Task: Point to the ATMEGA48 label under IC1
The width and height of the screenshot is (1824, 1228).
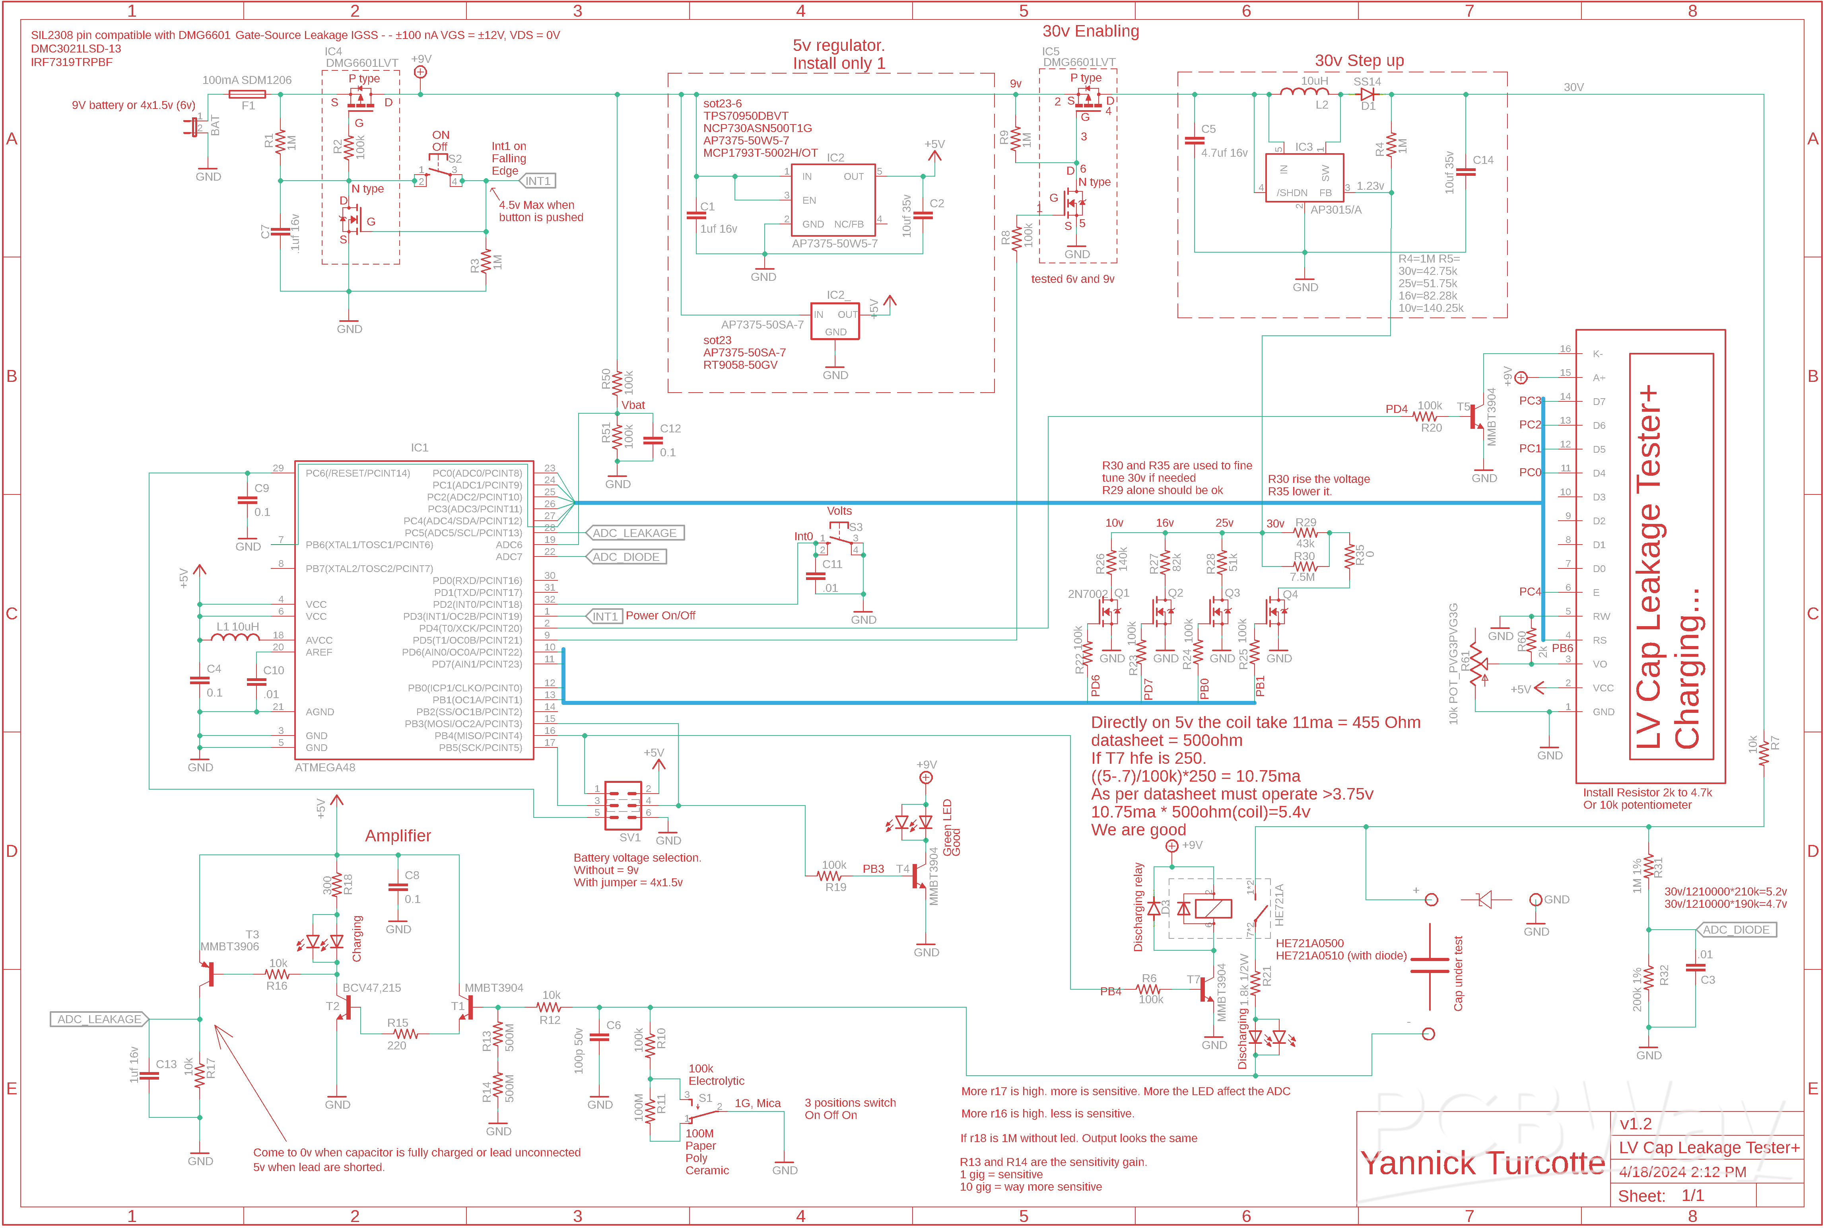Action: [x=325, y=767]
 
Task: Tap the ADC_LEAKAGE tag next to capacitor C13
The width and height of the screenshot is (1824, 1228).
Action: [x=99, y=1019]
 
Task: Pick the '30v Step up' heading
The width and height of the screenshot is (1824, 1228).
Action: [x=1359, y=60]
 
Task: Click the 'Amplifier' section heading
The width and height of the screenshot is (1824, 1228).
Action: [x=398, y=836]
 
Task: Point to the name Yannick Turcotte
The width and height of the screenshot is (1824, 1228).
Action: [x=1482, y=1163]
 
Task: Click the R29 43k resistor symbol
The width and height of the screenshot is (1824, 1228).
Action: [x=1305, y=533]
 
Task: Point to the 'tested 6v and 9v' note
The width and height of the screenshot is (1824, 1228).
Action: [x=1072, y=279]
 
